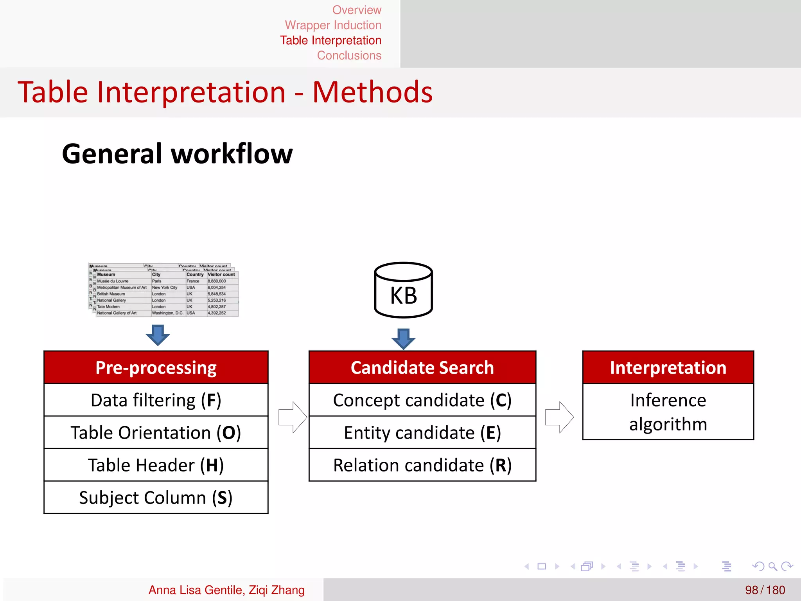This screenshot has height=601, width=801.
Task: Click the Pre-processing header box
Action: coord(156,367)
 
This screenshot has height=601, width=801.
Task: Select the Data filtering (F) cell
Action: coord(156,400)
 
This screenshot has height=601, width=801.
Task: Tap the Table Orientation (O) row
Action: coord(156,432)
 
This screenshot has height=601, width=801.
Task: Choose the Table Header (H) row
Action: coord(156,465)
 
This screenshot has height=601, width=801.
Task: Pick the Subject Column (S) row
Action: coord(156,497)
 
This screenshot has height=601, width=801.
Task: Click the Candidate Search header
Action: coord(422,367)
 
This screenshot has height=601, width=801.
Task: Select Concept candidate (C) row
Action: coord(422,400)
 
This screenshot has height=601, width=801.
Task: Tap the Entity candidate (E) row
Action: coord(422,432)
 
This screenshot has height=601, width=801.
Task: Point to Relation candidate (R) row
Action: coord(422,465)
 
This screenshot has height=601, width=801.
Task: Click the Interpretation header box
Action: coord(668,367)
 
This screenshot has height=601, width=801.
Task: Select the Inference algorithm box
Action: coord(668,412)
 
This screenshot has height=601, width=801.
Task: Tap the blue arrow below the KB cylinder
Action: coord(403,338)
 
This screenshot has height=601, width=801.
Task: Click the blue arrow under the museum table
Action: coord(158,335)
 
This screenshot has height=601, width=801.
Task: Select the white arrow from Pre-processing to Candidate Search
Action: coord(293,417)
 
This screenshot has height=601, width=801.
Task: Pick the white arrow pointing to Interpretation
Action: coord(559,417)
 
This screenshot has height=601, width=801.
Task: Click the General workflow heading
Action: coord(177,154)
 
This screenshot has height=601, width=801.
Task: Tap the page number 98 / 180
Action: coord(765,590)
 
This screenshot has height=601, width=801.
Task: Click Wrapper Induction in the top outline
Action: coord(333,25)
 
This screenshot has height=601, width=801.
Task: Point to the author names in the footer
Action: coord(226,590)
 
